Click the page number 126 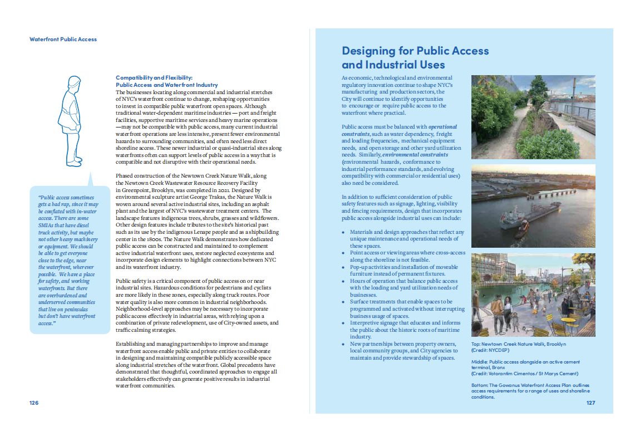(34, 402)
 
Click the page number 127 (590, 402)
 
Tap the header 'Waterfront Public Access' (63, 40)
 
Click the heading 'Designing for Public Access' (415, 51)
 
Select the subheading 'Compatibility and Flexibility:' (154, 77)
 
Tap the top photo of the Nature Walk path (533, 117)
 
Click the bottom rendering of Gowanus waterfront (533, 294)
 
